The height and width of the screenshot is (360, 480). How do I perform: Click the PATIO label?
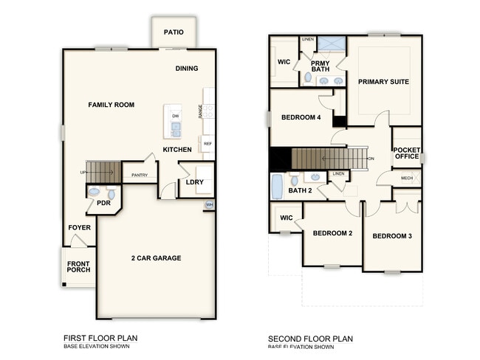pos(174,32)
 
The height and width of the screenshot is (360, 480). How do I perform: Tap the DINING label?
pos(188,69)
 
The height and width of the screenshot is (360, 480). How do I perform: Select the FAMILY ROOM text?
pos(111,105)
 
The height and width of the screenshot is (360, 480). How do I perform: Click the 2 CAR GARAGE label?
pos(156,257)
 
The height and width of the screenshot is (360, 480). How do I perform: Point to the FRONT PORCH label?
pos(79,267)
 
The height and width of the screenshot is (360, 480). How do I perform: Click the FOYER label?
pos(79,227)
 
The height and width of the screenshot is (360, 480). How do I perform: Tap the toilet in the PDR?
pos(93,192)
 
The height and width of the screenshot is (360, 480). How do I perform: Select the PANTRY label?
pos(140,175)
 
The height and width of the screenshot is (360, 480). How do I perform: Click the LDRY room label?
pos(195,181)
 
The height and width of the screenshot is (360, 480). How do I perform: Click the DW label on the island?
pos(175,117)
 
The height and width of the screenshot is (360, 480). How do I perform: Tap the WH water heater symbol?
pos(209,204)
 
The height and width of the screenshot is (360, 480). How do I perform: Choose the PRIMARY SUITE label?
pos(383,81)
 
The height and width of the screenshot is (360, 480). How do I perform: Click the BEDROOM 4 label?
pos(301,117)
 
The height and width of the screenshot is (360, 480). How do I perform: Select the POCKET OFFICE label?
pos(406,152)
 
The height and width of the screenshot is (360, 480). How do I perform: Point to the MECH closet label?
pos(407,178)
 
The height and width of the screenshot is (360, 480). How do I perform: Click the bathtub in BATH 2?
pos(276,187)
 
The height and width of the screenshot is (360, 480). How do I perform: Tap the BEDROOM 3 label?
pos(391,236)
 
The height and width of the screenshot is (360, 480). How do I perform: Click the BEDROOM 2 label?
pos(332,233)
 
